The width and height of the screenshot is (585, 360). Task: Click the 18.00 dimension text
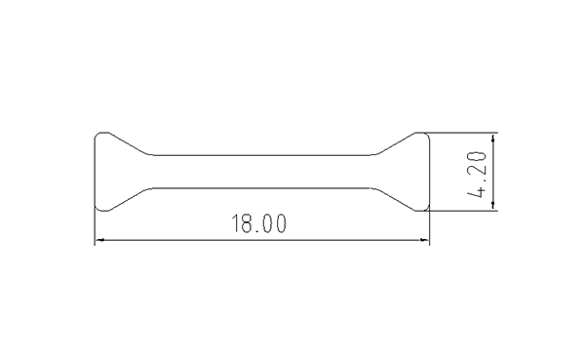coord(259,223)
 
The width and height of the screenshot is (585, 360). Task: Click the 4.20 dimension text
coord(477,175)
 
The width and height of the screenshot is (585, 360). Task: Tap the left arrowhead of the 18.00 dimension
coord(98,240)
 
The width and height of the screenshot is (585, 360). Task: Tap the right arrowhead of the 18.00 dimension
coord(425,240)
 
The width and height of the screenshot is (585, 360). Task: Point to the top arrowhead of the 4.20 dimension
coord(493,138)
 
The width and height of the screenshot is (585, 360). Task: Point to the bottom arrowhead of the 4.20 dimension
coord(493,206)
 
